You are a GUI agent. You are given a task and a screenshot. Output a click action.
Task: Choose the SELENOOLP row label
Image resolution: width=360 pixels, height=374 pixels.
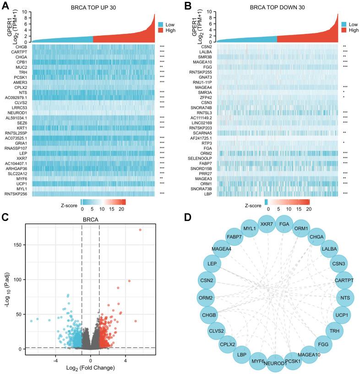(201, 157)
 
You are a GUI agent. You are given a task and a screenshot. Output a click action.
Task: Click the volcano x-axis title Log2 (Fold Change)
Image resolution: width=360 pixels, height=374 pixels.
(90, 365)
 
